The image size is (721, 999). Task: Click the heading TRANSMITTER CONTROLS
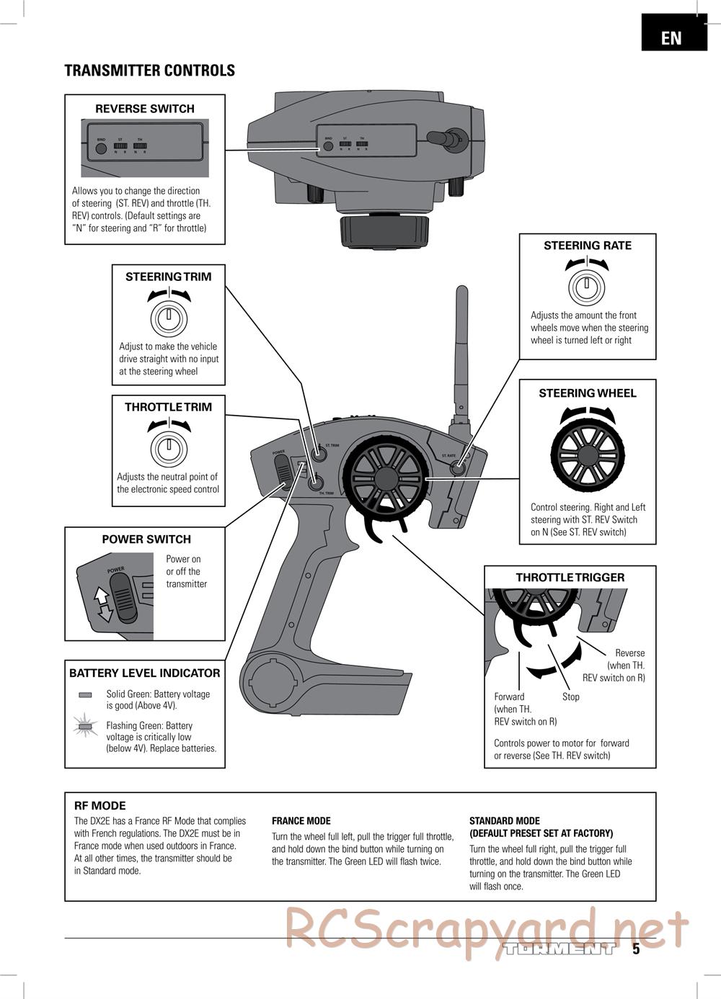149,71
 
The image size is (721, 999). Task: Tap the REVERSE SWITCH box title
145,109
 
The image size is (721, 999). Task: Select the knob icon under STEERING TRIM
169,317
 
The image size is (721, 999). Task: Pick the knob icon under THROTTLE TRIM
169,447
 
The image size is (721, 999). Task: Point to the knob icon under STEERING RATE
587,287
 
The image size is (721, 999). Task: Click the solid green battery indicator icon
85,695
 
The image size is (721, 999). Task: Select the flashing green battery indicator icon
86,727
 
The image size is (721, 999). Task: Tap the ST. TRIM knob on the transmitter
316,454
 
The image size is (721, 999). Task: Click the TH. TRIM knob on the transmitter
314,484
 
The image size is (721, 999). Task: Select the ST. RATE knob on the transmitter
456,467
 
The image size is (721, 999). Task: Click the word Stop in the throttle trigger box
570,697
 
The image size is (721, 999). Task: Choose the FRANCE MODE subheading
301,821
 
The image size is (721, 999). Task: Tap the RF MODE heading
99,806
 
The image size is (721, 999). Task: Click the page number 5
636,949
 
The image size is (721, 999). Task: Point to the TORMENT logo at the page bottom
559,949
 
